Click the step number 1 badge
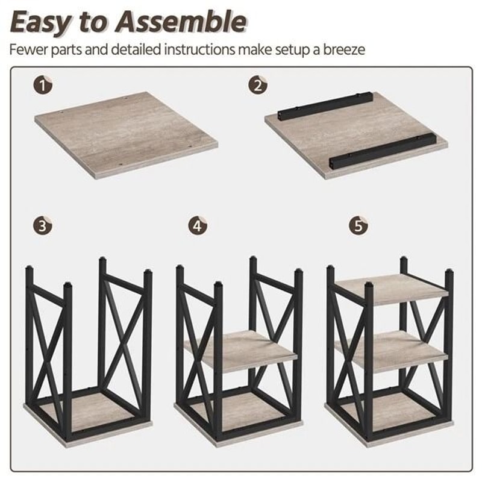[43, 84]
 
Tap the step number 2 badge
[258, 84]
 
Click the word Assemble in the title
[182, 22]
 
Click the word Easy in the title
[41, 23]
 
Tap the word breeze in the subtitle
[344, 49]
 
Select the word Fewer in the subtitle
[28, 49]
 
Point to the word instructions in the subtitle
[200, 49]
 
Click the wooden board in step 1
[127, 135]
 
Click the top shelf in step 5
[391, 289]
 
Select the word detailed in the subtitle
[136, 49]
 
